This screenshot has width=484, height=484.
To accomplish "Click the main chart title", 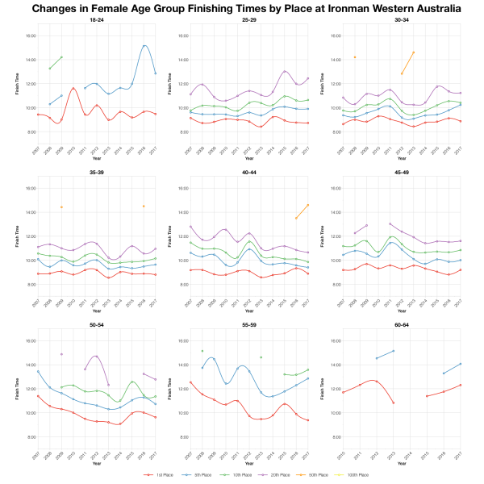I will tap(247, 8).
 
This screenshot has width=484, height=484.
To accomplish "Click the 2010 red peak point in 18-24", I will tap(73, 88).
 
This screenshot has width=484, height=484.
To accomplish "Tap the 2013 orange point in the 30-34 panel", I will tap(413, 52).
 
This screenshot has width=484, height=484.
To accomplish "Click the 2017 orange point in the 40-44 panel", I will tap(307, 205).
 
